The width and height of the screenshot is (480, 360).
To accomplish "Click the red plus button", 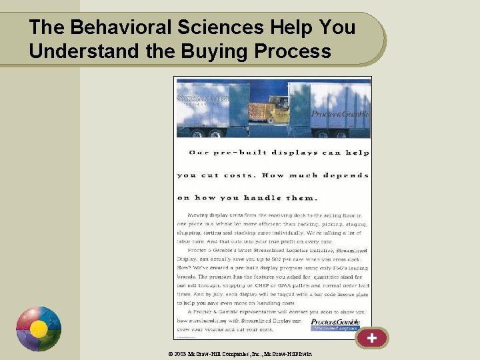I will click(371, 338).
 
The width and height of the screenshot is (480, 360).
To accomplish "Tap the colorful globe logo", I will click(39, 329).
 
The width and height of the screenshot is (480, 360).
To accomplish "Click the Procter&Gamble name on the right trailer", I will click(340, 114).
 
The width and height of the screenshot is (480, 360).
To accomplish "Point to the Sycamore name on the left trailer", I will click(203, 99).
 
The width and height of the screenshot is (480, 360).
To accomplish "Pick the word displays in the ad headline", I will click(294, 153).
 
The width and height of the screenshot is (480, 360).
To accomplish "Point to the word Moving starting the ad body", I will click(199, 216).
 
